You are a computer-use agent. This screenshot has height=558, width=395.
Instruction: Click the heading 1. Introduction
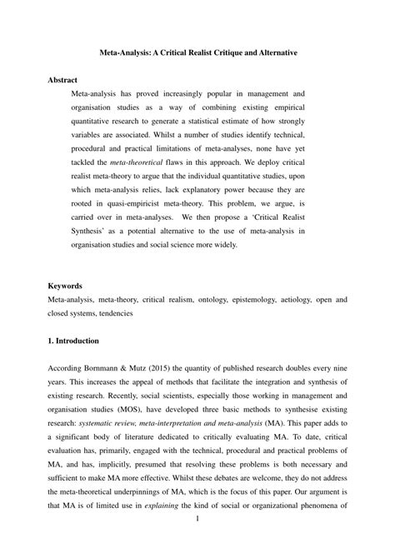75,341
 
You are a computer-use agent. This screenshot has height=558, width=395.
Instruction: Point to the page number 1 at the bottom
197,541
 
